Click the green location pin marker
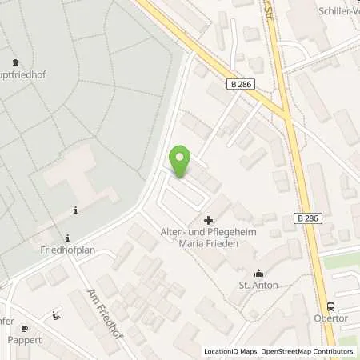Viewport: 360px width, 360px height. (181, 162)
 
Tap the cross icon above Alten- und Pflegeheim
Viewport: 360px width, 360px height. (209, 220)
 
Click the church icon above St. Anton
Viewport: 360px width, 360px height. (258, 273)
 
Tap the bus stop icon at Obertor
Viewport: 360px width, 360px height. (330, 306)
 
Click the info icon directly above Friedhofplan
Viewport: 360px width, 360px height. (69, 237)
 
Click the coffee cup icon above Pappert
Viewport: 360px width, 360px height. (25, 328)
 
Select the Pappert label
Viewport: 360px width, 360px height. (24, 340)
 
